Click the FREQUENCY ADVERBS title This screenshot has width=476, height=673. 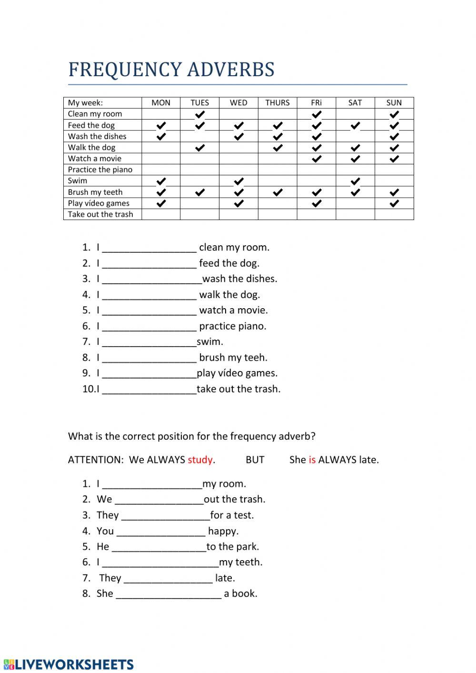171,70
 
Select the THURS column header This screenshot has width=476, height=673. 278,102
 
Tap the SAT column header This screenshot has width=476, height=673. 355,102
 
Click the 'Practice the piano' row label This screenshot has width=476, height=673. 100,170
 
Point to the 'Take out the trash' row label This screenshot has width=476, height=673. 100,214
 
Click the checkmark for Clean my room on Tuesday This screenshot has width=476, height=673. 200,114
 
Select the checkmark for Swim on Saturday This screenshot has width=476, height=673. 355,181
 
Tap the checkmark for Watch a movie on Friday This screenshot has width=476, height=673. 317,159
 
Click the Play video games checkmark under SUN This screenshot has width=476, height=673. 394,204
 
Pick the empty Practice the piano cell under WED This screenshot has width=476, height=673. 238,170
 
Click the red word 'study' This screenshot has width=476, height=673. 200,460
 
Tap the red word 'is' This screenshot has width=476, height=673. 312,460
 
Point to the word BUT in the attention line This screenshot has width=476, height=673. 255,460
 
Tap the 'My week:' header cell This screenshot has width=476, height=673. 86,102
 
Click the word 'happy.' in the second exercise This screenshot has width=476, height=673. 223,531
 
